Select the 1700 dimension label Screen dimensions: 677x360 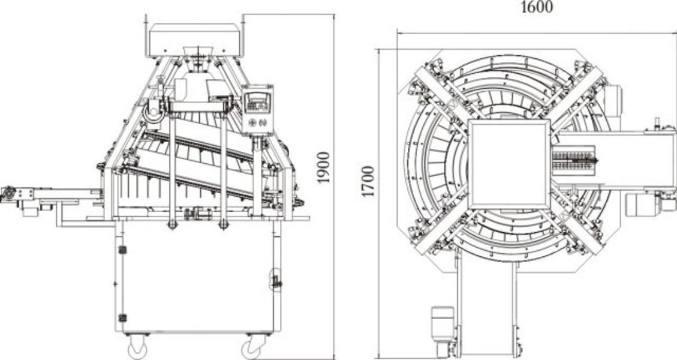click(x=368, y=182)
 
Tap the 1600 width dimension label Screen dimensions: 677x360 click(x=537, y=7)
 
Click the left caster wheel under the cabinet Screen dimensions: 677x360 click(x=138, y=348)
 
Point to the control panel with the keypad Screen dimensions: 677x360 click(x=257, y=110)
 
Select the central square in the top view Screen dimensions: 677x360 click(x=509, y=164)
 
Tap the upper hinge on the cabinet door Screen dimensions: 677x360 click(x=122, y=250)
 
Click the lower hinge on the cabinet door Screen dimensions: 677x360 click(x=122, y=318)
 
